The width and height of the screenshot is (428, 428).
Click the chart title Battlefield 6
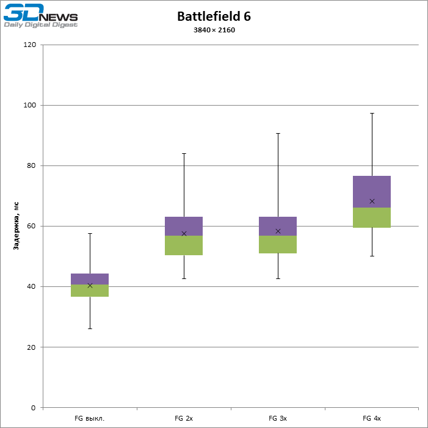(x=214, y=16)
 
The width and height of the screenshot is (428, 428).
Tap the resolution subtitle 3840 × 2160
(x=214, y=30)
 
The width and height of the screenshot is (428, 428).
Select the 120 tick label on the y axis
(x=30, y=45)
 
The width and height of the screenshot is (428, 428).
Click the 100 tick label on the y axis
(x=30, y=106)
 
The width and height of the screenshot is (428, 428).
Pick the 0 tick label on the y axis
(x=34, y=408)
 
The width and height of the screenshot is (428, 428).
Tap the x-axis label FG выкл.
(x=90, y=418)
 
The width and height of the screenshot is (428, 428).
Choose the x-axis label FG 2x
(x=184, y=418)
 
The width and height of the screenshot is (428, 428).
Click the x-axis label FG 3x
(x=278, y=418)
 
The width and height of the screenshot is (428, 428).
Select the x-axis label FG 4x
(x=372, y=418)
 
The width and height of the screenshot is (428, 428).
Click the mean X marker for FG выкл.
(x=90, y=285)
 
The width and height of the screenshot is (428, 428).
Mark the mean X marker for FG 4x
(x=372, y=201)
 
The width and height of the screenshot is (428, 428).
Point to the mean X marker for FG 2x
(x=184, y=233)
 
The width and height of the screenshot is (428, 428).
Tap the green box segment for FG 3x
(x=278, y=245)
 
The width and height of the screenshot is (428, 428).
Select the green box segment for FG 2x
(x=184, y=245)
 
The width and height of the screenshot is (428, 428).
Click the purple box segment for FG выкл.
(x=90, y=278)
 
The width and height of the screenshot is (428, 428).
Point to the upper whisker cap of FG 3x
(x=278, y=133)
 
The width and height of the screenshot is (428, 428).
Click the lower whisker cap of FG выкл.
(x=90, y=328)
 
